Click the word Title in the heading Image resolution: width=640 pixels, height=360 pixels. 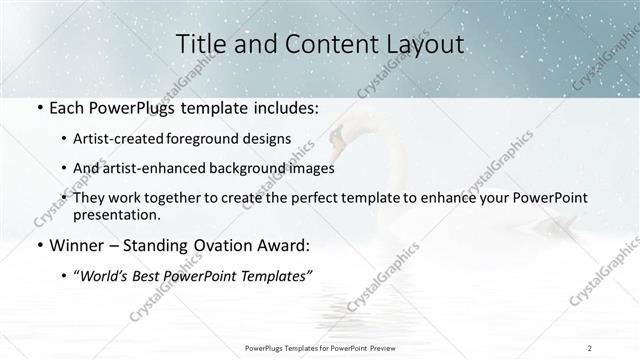click(x=198, y=44)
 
